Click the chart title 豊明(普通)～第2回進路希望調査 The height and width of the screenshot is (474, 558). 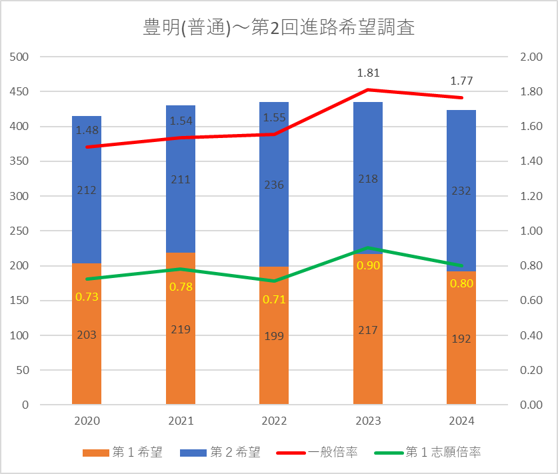[279, 28]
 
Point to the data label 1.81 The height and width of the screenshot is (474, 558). [369, 73]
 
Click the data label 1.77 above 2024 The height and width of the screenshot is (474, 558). [461, 81]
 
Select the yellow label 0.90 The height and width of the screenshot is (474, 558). [369, 265]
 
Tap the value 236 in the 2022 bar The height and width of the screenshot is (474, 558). [274, 185]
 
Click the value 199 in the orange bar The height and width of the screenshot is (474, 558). [274, 336]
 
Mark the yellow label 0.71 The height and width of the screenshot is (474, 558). [274, 299]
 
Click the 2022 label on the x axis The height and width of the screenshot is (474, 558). [274, 421]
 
